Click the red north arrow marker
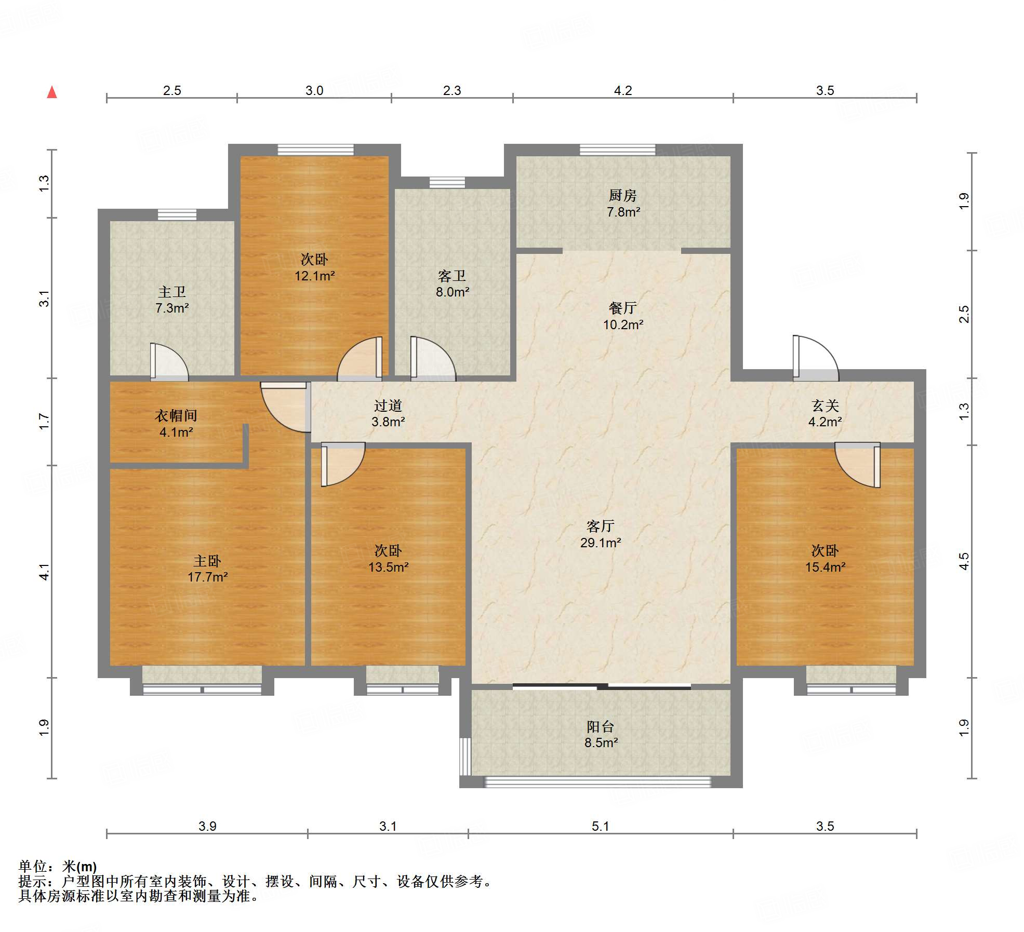pyautogui.click(x=52, y=92)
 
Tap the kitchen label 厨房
pyautogui.click(x=622, y=196)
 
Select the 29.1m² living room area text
pyautogui.click(x=601, y=543)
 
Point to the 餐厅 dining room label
pyautogui.click(x=622, y=308)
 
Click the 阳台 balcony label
pyautogui.click(x=601, y=726)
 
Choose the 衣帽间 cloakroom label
pyautogui.click(x=176, y=416)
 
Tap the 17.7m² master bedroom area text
pyautogui.click(x=208, y=577)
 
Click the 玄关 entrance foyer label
pyautogui.click(x=825, y=406)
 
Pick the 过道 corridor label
pyautogui.click(x=388, y=406)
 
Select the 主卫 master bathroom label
pyautogui.click(x=172, y=292)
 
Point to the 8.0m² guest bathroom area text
pyautogui.click(x=453, y=292)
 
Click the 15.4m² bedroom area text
pyautogui.click(x=825, y=567)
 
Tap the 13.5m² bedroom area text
pyautogui.click(x=388, y=567)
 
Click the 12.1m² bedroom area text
pyautogui.click(x=314, y=276)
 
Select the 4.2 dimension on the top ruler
pyautogui.click(x=623, y=91)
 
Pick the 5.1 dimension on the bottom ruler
pyautogui.click(x=600, y=826)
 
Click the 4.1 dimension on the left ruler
pyautogui.click(x=44, y=572)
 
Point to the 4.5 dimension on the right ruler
pyautogui.click(x=964, y=561)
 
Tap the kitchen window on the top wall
pyautogui.click(x=617, y=150)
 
